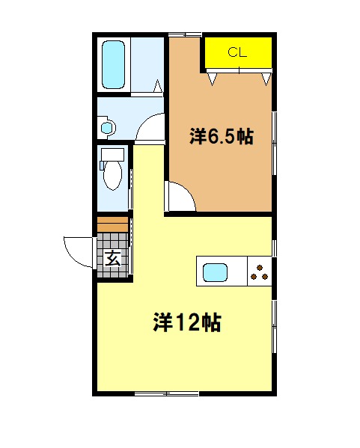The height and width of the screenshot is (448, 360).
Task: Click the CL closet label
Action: (x=237, y=52)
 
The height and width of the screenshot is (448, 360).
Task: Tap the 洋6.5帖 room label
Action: (x=222, y=137)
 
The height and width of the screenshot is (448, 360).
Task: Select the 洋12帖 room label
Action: (x=187, y=322)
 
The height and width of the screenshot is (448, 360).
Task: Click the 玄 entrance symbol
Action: (x=113, y=259)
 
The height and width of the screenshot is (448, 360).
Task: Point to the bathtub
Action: (x=114, y=64)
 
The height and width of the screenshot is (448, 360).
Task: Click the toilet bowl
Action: (x=113, y=176)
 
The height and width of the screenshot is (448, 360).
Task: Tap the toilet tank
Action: (x=112, y=155)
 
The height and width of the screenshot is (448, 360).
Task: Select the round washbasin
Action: (x=107, y=127)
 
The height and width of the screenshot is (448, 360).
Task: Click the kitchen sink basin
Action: (x=215, y=272)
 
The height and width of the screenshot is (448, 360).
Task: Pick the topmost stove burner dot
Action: (x=260, y=268)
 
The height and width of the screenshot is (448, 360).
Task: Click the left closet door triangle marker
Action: (x=212, y=79)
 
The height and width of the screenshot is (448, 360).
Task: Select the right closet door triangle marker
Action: (x=266, y=79)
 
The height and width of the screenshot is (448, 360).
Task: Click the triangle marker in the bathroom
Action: (x=158, y=86)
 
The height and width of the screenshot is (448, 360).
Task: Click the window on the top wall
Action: (x=186, y=35)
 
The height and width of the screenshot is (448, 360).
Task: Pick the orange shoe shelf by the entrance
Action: (x=112, y=224)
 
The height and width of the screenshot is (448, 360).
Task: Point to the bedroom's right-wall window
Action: (x=274, y=143)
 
